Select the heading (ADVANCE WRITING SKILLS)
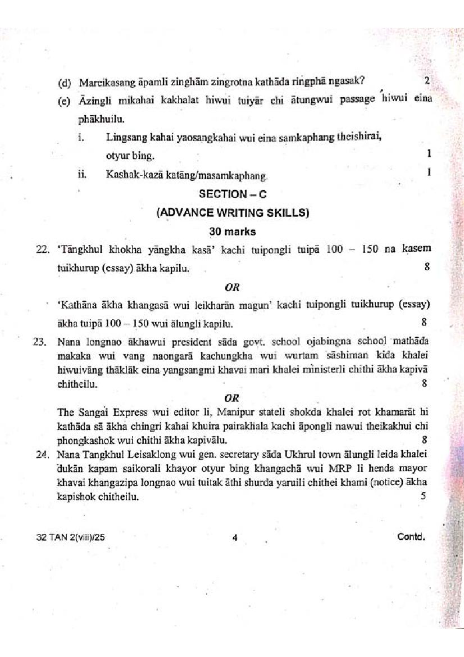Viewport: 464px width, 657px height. point(233,212)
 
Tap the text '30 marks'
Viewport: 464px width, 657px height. point(233,232)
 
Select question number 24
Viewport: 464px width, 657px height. point(42,455)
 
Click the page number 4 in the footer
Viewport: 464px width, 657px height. point(235,537)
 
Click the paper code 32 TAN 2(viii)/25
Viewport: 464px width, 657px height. point(70,537)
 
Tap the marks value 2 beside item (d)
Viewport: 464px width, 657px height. point(427,81)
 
